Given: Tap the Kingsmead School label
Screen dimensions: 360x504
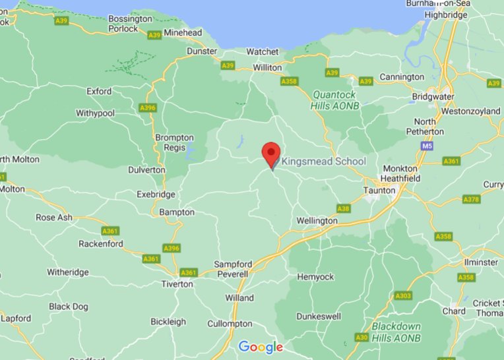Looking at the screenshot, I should coord(323,162).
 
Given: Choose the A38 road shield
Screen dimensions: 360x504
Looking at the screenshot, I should coord(343,208).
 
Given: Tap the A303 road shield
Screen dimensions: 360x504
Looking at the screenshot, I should coord(403,296).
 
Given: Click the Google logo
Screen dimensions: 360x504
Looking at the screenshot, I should coord(261,347).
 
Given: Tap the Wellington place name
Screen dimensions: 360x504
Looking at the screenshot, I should coord(317,221).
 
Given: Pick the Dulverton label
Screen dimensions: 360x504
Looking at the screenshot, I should coord(146,169).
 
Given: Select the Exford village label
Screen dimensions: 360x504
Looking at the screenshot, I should coord(99,91).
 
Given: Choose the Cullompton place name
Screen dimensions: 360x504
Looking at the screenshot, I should coord(230,324).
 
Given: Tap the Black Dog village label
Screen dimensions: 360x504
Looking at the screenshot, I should coord(69,307).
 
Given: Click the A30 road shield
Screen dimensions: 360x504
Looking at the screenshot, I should coord(362,337).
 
